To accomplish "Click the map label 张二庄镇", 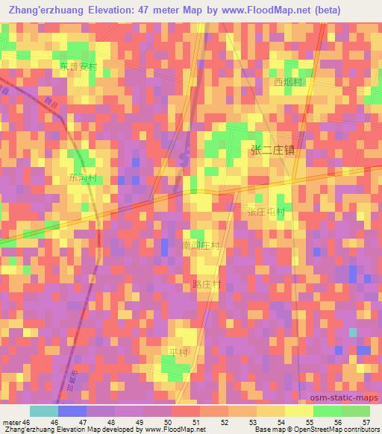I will click(x=272, y=151).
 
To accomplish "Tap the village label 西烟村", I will click(x=286, y=82).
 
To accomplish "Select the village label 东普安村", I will click(x=79, y=66).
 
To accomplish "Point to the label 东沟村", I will click(x=83, y=179).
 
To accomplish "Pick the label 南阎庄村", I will click(x=201, y=245).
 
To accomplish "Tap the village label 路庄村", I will click(x=207, y=285).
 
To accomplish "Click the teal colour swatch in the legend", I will click(x=43, y=411).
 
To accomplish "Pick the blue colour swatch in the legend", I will click(x=72, y=411).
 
